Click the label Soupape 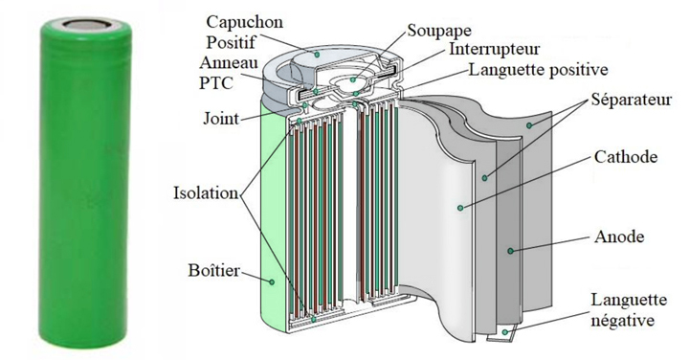tap(439, 31)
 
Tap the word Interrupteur tap(494, 49)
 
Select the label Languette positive tap(538, 70)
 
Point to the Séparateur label tap(631, 100)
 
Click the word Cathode tap(626, 157)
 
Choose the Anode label tap(619, 236)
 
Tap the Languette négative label tap(629, 310)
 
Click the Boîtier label tap(214, 270)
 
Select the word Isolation tap(206, 193)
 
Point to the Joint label tap(221, 118)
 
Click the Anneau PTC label tap(229, 73)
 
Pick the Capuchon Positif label tap(245, 33)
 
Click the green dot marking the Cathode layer tap(460, 208)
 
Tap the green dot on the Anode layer tap(510, 251)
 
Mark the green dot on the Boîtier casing tap(272, 281)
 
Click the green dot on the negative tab tap(505, 332)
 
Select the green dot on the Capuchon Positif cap tap(317, 55)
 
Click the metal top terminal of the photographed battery tap(86, 24)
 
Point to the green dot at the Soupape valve tap(352, 80)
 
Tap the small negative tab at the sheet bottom tap(500, 334)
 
